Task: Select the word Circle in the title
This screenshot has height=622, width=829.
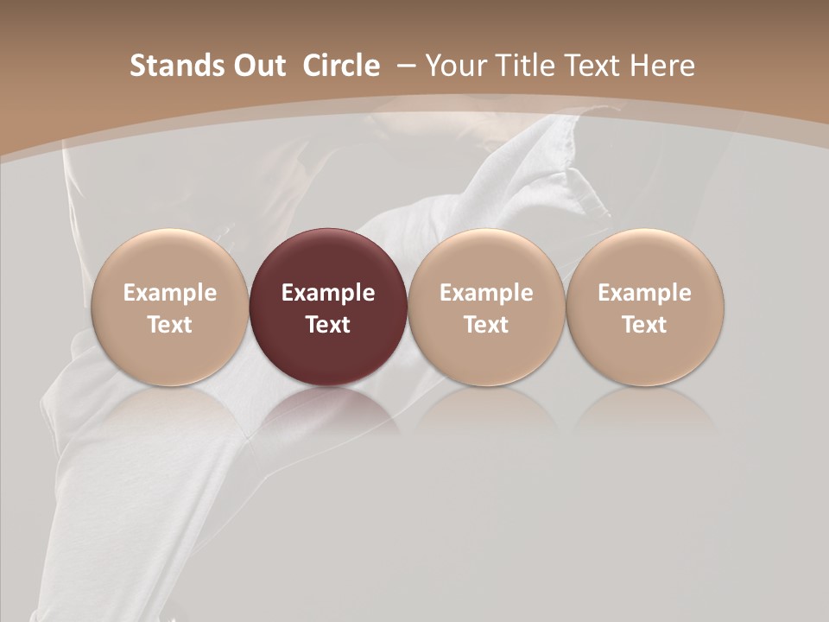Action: (x=340, y=66)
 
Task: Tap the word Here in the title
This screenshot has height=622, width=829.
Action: (x=662, y=66)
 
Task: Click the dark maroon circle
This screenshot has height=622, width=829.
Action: (x=328, y=308)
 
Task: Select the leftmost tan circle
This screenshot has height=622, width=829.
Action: (x=169, y=308)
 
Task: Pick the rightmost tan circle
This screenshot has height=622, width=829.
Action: (x=645, y=308)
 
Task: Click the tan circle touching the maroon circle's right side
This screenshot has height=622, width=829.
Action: (x=486, y=308)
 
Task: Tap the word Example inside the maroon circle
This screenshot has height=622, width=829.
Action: (x=328, y=293)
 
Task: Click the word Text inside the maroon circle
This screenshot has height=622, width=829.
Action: (x=328, y=325)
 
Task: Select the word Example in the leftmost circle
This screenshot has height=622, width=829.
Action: (x=169, y=293)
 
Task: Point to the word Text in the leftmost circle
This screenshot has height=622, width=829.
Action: (x=169, y=325)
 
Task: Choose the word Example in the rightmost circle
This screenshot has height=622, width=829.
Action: (x=645, y=293)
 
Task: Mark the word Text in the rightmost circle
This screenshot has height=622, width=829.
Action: (x=645, y=325)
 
